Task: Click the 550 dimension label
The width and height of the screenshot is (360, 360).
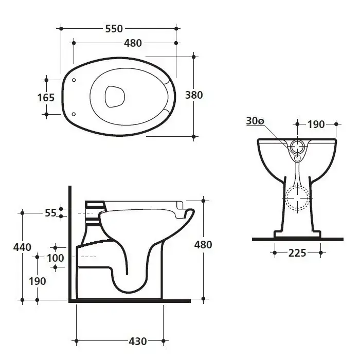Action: coord(114,29)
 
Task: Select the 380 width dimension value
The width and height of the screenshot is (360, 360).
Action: coord(194,95)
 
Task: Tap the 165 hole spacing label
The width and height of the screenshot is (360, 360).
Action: coord(46,98)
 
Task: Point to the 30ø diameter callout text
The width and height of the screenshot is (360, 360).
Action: coord(255,121)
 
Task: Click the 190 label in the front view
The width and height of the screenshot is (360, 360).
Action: coord(316,124)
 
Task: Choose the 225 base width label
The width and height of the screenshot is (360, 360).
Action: coord(297,253)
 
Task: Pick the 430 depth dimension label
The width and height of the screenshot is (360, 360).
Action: coord(138,341)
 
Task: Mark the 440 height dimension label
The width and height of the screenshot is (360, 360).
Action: coord(22,247)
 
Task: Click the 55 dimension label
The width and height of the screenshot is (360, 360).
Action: coord(50,213)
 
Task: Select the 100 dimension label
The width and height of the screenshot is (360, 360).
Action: coord(56,258)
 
